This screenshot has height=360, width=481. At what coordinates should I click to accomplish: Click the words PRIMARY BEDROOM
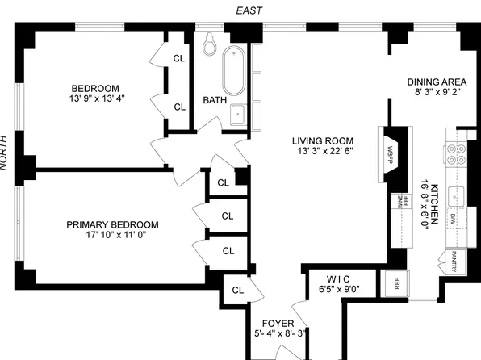(x=112, y=225)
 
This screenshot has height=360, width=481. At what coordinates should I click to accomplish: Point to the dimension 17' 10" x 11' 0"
(x=112, y=236)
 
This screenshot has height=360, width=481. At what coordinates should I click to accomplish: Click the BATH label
(x=215, y=101)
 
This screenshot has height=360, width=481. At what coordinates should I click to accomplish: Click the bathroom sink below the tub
(x=239, y=114)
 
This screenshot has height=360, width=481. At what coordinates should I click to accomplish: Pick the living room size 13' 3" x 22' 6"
(x=326, y=151)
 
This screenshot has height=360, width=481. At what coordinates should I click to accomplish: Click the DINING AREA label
(x=434, y=82)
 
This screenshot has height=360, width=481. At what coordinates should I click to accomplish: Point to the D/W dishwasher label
(x=454, y=219)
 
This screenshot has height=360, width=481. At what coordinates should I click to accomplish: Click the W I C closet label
(x=337, y=277)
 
